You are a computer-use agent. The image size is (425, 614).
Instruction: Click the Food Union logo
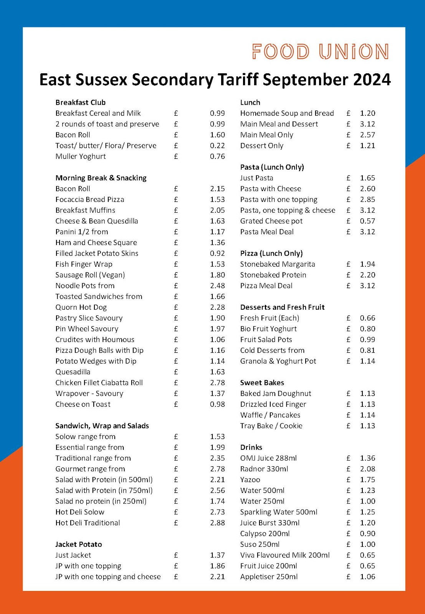320,52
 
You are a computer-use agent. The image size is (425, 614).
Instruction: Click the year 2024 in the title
372,80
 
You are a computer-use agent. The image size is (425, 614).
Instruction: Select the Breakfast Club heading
80,102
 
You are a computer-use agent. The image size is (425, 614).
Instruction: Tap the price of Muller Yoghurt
217,156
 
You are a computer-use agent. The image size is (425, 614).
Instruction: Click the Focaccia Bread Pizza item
90,200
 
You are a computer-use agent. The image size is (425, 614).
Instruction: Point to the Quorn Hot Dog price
217,307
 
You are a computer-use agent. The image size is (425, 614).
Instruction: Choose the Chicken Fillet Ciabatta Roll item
99,383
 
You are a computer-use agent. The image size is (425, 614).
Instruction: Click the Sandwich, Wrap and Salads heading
102,426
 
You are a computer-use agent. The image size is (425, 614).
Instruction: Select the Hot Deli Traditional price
217,523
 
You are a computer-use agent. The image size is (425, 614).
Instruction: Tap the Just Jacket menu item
73,555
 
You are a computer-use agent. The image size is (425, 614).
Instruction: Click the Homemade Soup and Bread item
287,113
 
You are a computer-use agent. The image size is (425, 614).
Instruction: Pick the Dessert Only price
367,145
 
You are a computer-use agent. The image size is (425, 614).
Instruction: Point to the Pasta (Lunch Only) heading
272,167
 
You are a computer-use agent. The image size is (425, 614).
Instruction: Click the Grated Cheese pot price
367,221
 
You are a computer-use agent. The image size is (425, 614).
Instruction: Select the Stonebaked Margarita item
278,264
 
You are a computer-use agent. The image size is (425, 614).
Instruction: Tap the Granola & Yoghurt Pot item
278,361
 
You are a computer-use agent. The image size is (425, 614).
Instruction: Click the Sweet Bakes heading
262,383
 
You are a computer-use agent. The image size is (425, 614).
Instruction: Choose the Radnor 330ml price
367,469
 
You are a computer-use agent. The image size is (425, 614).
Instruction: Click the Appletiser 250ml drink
269,576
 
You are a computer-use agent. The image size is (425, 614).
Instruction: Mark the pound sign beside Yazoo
348,480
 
